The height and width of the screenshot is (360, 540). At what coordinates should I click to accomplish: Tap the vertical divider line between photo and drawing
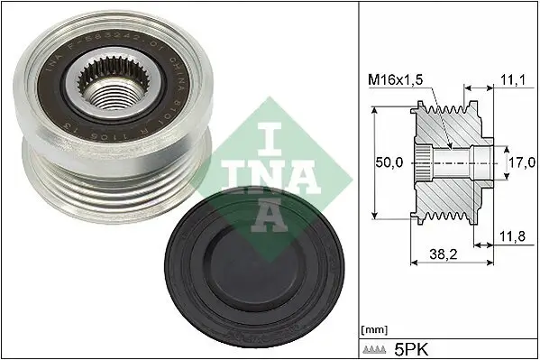pyautogui.click(x=359, y=180)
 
